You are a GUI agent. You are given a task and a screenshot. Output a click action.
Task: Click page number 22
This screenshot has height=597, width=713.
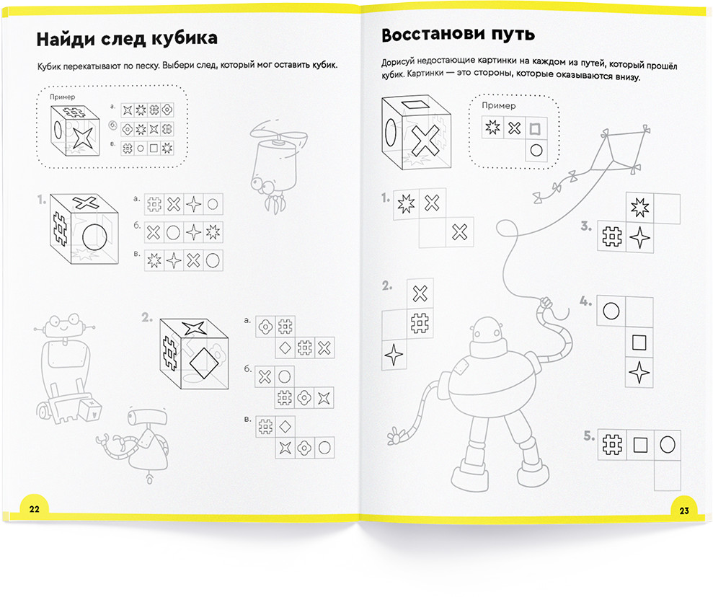point(35,509)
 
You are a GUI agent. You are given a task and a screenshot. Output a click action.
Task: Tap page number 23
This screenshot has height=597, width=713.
point(684,510)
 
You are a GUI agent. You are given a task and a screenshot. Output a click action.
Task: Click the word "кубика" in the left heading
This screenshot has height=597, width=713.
point(184,38)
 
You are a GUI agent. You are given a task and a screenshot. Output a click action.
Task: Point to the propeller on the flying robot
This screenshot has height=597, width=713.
point(278,135)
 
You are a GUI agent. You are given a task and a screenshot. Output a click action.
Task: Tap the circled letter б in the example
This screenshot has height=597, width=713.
point(112,125)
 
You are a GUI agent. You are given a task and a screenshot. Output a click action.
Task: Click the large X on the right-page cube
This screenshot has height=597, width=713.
point(425,141)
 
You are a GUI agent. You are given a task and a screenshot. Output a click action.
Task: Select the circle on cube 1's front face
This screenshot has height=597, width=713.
point(95,237)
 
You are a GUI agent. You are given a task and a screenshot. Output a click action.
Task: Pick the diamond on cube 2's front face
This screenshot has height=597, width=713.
point(205,363)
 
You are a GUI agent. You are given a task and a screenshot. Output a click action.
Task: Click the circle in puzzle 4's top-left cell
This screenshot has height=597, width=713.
point(611,311)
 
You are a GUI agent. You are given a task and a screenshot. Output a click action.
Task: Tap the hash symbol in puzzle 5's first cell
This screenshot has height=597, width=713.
point(612,444)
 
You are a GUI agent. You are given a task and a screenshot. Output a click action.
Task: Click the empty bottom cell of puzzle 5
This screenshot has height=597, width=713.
point(668,475)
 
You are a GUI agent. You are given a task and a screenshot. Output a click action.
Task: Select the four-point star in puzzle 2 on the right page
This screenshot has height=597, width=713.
point(394,355)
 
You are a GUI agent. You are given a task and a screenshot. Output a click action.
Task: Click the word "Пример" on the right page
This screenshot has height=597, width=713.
point(498,105)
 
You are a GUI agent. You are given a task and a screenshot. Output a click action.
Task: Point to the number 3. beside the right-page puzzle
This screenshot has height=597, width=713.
point(587,226)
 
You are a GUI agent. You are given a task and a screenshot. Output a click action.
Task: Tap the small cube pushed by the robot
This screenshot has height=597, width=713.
point(89,410)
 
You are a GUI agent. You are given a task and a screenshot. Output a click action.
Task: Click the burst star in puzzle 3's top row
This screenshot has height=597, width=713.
point(639,208)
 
